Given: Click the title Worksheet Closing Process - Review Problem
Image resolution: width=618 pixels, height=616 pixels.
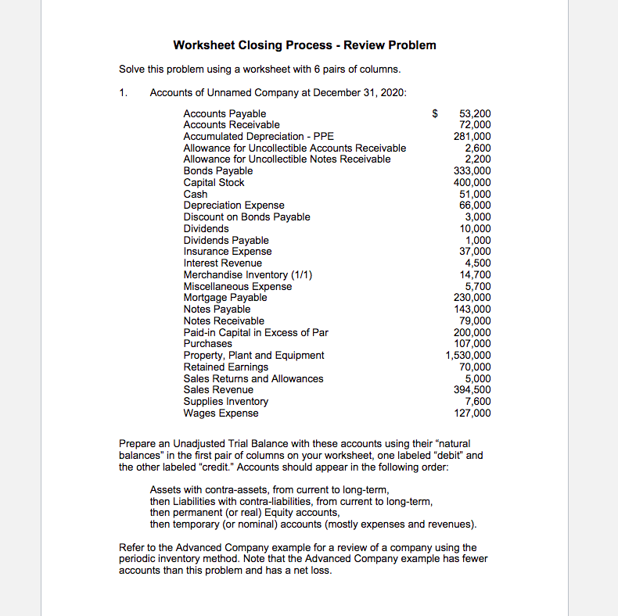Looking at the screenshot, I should click(x=304, y=45).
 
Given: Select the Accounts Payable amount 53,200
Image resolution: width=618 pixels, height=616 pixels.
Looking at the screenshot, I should click(x=475, y=114).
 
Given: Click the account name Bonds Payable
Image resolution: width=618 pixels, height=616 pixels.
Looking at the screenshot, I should click(x=217, y=171).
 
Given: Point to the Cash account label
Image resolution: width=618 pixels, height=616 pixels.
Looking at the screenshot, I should click(x=195, y=194).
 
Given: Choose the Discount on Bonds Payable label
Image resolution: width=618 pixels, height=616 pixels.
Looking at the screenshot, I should click(x=246, y=217).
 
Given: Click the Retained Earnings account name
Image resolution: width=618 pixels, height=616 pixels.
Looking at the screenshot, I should click(x=225, y=367).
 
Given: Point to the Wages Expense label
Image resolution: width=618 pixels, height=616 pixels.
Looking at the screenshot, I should click(x=221, y=413).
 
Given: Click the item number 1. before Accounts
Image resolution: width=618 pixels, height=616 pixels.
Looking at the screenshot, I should click(x=123, y=93).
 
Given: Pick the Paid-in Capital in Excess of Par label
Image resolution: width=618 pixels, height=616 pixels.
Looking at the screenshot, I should click(x=256, y=332).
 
